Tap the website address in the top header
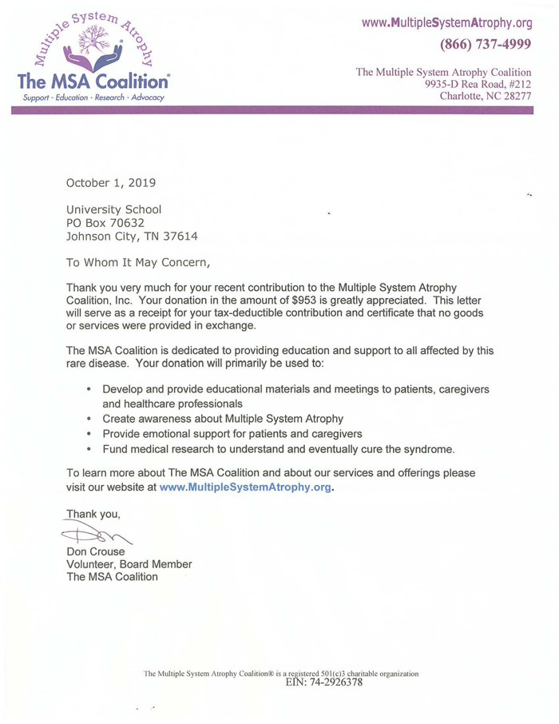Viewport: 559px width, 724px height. [x=446, y=21]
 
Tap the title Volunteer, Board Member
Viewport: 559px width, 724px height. [x=129, y=564]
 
